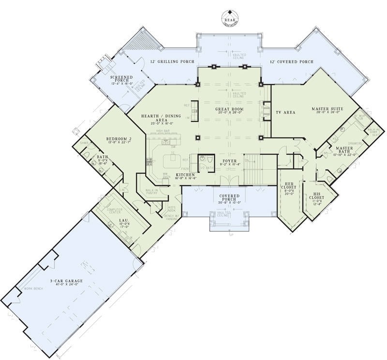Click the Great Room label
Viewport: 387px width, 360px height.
point(228,109)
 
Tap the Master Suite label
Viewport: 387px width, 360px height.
point(327,109)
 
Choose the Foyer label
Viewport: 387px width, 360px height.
point(229,161)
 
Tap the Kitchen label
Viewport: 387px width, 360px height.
point(185,174)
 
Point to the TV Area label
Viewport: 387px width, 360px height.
point(285,112)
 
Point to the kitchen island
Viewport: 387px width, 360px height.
point(171,159)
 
